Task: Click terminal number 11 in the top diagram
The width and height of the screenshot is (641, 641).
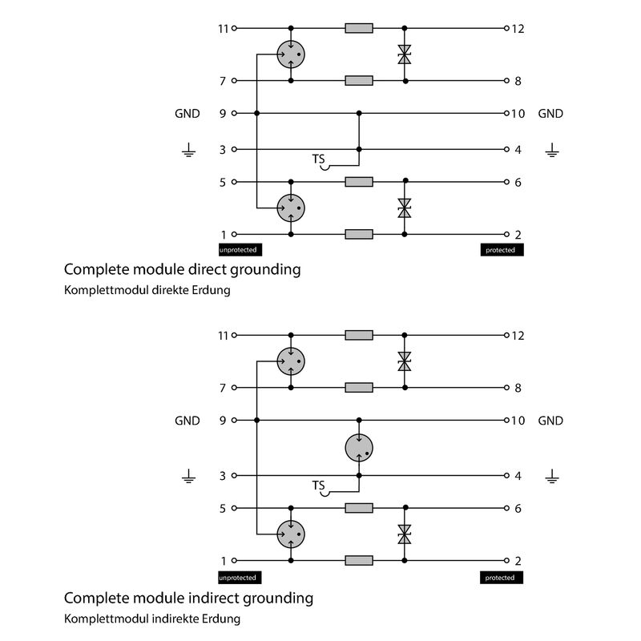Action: [224, 29]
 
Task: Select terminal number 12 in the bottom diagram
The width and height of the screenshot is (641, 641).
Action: [518, 335]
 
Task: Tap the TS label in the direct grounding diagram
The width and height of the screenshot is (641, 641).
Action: [319, 159]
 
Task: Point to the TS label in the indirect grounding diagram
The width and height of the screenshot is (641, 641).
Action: [319, 486]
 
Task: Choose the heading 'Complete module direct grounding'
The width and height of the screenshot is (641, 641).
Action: [182, 269]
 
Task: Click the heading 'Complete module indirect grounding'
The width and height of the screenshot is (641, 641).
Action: [188, 598]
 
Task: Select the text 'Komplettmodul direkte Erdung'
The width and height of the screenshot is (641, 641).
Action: [147, 290]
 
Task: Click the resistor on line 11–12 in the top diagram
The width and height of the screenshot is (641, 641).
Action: [359, 29]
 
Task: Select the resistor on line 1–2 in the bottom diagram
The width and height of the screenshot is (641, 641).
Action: [359, 561]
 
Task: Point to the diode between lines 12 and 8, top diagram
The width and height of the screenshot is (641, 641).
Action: [405, 54]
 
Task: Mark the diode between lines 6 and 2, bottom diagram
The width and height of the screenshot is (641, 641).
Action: [405, 534]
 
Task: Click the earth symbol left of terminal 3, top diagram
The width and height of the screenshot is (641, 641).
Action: [187, 150]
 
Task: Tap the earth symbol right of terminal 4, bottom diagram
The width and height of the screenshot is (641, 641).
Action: [551, 478]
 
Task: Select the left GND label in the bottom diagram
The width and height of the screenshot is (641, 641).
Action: [187, 421]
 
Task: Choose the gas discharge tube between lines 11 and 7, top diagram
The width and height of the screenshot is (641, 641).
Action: [291, 54]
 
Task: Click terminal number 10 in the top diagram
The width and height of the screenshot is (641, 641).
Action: [518, 114]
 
